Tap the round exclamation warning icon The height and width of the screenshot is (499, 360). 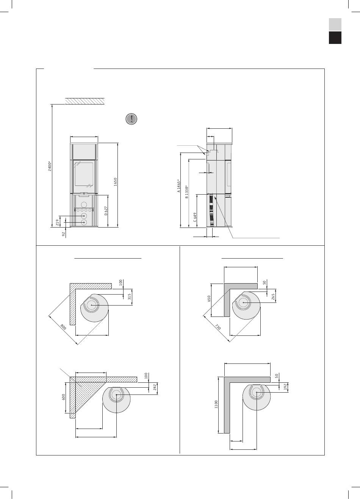pyautogui.click(x=131, y=119)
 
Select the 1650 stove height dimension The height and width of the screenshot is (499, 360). pyautogui.click(x=115, y=182)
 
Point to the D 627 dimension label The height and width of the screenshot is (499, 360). pyautogui.click(x=106, y=211)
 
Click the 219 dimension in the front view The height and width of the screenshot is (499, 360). pyautogui.click(x=57, y=222)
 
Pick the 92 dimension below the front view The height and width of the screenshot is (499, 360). pyautogui.click(x=63, y=234)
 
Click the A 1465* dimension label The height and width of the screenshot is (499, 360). pyautogui.click(x=178, y=186)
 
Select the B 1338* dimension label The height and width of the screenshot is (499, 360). pyautogui.click(x=187, y=192)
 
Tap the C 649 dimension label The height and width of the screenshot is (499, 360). pyautogui.click(x=195, y=217)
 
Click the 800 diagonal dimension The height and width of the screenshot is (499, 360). pyautogui.click(x=63, y=327)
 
